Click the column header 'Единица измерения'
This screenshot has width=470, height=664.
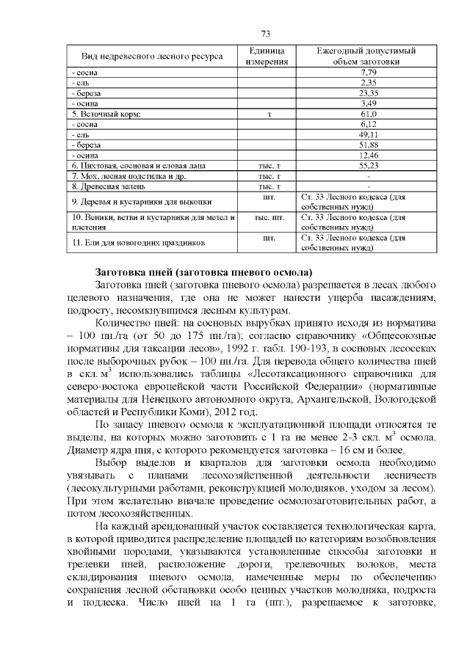pos(267,56)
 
